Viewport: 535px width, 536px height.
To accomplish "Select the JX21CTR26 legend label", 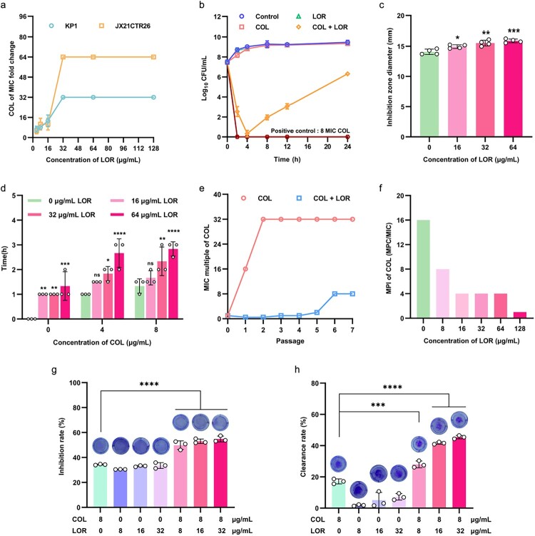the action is click(x=133, y=26).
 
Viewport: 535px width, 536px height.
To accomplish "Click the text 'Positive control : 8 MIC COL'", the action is click(x=310, y=131).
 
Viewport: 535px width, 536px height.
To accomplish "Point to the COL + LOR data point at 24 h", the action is click(x=347, y=74).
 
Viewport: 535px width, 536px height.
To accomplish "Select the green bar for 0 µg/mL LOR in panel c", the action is click(x=429, y=94).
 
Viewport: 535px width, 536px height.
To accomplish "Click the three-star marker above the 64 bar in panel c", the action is click(x=514, y=31).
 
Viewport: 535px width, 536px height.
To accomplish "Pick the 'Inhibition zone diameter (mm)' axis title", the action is click(x=389, y=77).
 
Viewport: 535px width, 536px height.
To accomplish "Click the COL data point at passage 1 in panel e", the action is click(x=245, y=269).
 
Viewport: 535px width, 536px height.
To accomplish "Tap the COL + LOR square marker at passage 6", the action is click(x=335, y=294).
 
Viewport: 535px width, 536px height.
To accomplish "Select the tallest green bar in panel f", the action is click(x=423, y=269).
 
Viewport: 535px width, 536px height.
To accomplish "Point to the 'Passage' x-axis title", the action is click(x=290, y=341).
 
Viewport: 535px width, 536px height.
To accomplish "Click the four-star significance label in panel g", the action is click(x=149, y=384).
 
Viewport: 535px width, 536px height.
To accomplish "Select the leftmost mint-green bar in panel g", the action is click(x=101, y=486).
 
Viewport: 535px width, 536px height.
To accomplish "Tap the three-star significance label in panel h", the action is click(x=378, y=405).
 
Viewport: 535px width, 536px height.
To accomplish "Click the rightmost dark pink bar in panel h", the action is click(x=459, y=472).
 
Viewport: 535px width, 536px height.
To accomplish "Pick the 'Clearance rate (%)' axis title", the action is click(x=303, y=447).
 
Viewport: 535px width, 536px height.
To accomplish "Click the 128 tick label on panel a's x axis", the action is click(x=154, y=148).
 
